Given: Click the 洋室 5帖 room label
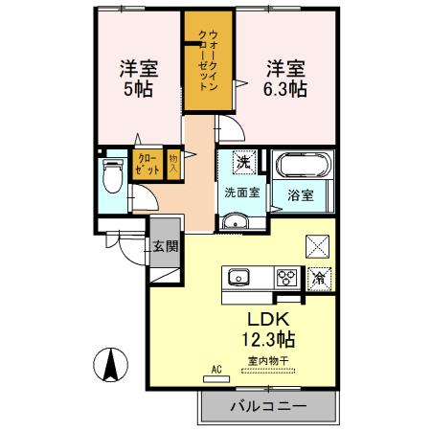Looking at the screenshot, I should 138,78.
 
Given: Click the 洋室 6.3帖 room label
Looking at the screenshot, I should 285,78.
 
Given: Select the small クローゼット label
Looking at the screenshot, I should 148,162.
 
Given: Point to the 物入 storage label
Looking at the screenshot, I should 173,162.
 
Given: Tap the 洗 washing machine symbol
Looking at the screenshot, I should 244,163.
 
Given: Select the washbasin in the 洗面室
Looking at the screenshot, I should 236,223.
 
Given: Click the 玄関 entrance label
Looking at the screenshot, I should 164,246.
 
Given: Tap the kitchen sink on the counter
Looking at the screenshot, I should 238,279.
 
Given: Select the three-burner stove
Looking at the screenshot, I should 286,279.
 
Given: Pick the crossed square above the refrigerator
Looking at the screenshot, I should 317,245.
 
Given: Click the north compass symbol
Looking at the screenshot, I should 111,366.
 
